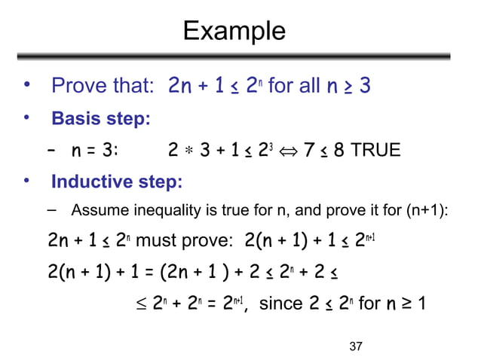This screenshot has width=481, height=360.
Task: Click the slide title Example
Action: click(234, 31)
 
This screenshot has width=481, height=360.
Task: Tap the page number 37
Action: click(357, 346)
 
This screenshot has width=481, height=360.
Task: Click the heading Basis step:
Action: click(100, 119)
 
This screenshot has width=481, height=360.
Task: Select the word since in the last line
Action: click(280, 304)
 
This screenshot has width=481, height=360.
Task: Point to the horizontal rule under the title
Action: click(234, 57)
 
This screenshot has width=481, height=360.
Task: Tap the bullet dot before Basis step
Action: click(26, 118)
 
